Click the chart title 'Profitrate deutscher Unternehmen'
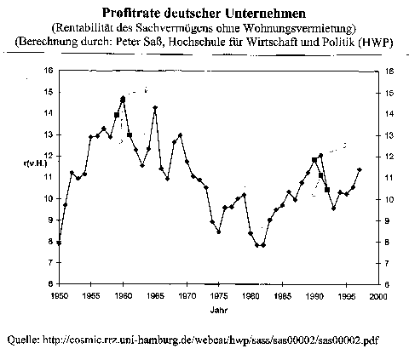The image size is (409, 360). click(x=204, y=14)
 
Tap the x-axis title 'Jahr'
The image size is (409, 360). click(x=219, y=310)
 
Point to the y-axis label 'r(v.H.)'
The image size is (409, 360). click(x=35, y=163)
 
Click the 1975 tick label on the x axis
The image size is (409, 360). click(x=219, y=296)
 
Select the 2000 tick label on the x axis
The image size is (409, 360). click(x=378, y=296)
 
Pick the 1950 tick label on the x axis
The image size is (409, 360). click(x=60, y=296)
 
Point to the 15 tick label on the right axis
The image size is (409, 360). click(x=389, y=93)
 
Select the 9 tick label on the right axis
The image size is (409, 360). click(x=387, y=220)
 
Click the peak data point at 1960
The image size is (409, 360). click(x=123, y=99)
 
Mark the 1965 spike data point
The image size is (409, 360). click(x=155, y=107)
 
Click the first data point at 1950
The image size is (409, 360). click(x=59, y=243)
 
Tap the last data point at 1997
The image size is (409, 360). click(x=360, y=169)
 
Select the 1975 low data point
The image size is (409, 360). click(x=219, y=232)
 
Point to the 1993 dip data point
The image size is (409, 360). click(x=334, y=209)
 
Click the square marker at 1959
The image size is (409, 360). click(x=117, y=115)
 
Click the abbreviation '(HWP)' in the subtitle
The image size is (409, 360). click(x=376, y=43)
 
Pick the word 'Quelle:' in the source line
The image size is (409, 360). click(x=23, y=340)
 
